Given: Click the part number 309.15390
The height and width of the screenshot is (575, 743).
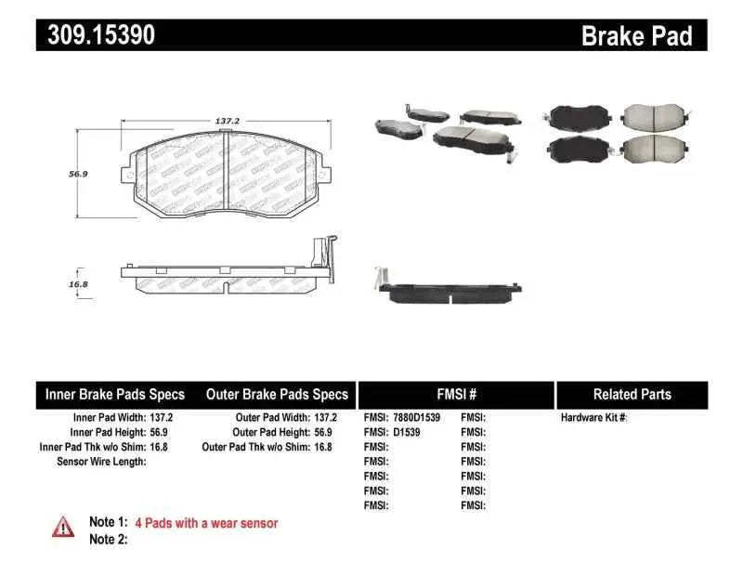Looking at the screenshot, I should point(96,35).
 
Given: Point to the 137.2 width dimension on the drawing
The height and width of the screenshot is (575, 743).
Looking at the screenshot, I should point(228,121).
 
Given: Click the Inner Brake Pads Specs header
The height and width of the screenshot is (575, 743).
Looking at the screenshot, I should point(115,395).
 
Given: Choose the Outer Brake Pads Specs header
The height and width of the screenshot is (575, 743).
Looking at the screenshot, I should point(277,395).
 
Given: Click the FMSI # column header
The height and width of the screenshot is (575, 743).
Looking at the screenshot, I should point(455,395).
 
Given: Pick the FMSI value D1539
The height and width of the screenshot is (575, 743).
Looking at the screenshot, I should point(404,432).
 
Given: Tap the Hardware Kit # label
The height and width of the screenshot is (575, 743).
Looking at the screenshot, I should point(594,418).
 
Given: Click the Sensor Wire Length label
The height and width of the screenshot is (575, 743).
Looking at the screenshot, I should point(101,461).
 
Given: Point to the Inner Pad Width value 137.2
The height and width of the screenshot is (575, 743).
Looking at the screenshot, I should point(160,418).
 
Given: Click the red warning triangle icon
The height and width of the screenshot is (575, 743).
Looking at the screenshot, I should point(62,526).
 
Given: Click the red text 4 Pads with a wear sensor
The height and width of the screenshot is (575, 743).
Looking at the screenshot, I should point(206,523).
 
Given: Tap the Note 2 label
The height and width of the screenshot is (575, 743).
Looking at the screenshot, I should point(108,539).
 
